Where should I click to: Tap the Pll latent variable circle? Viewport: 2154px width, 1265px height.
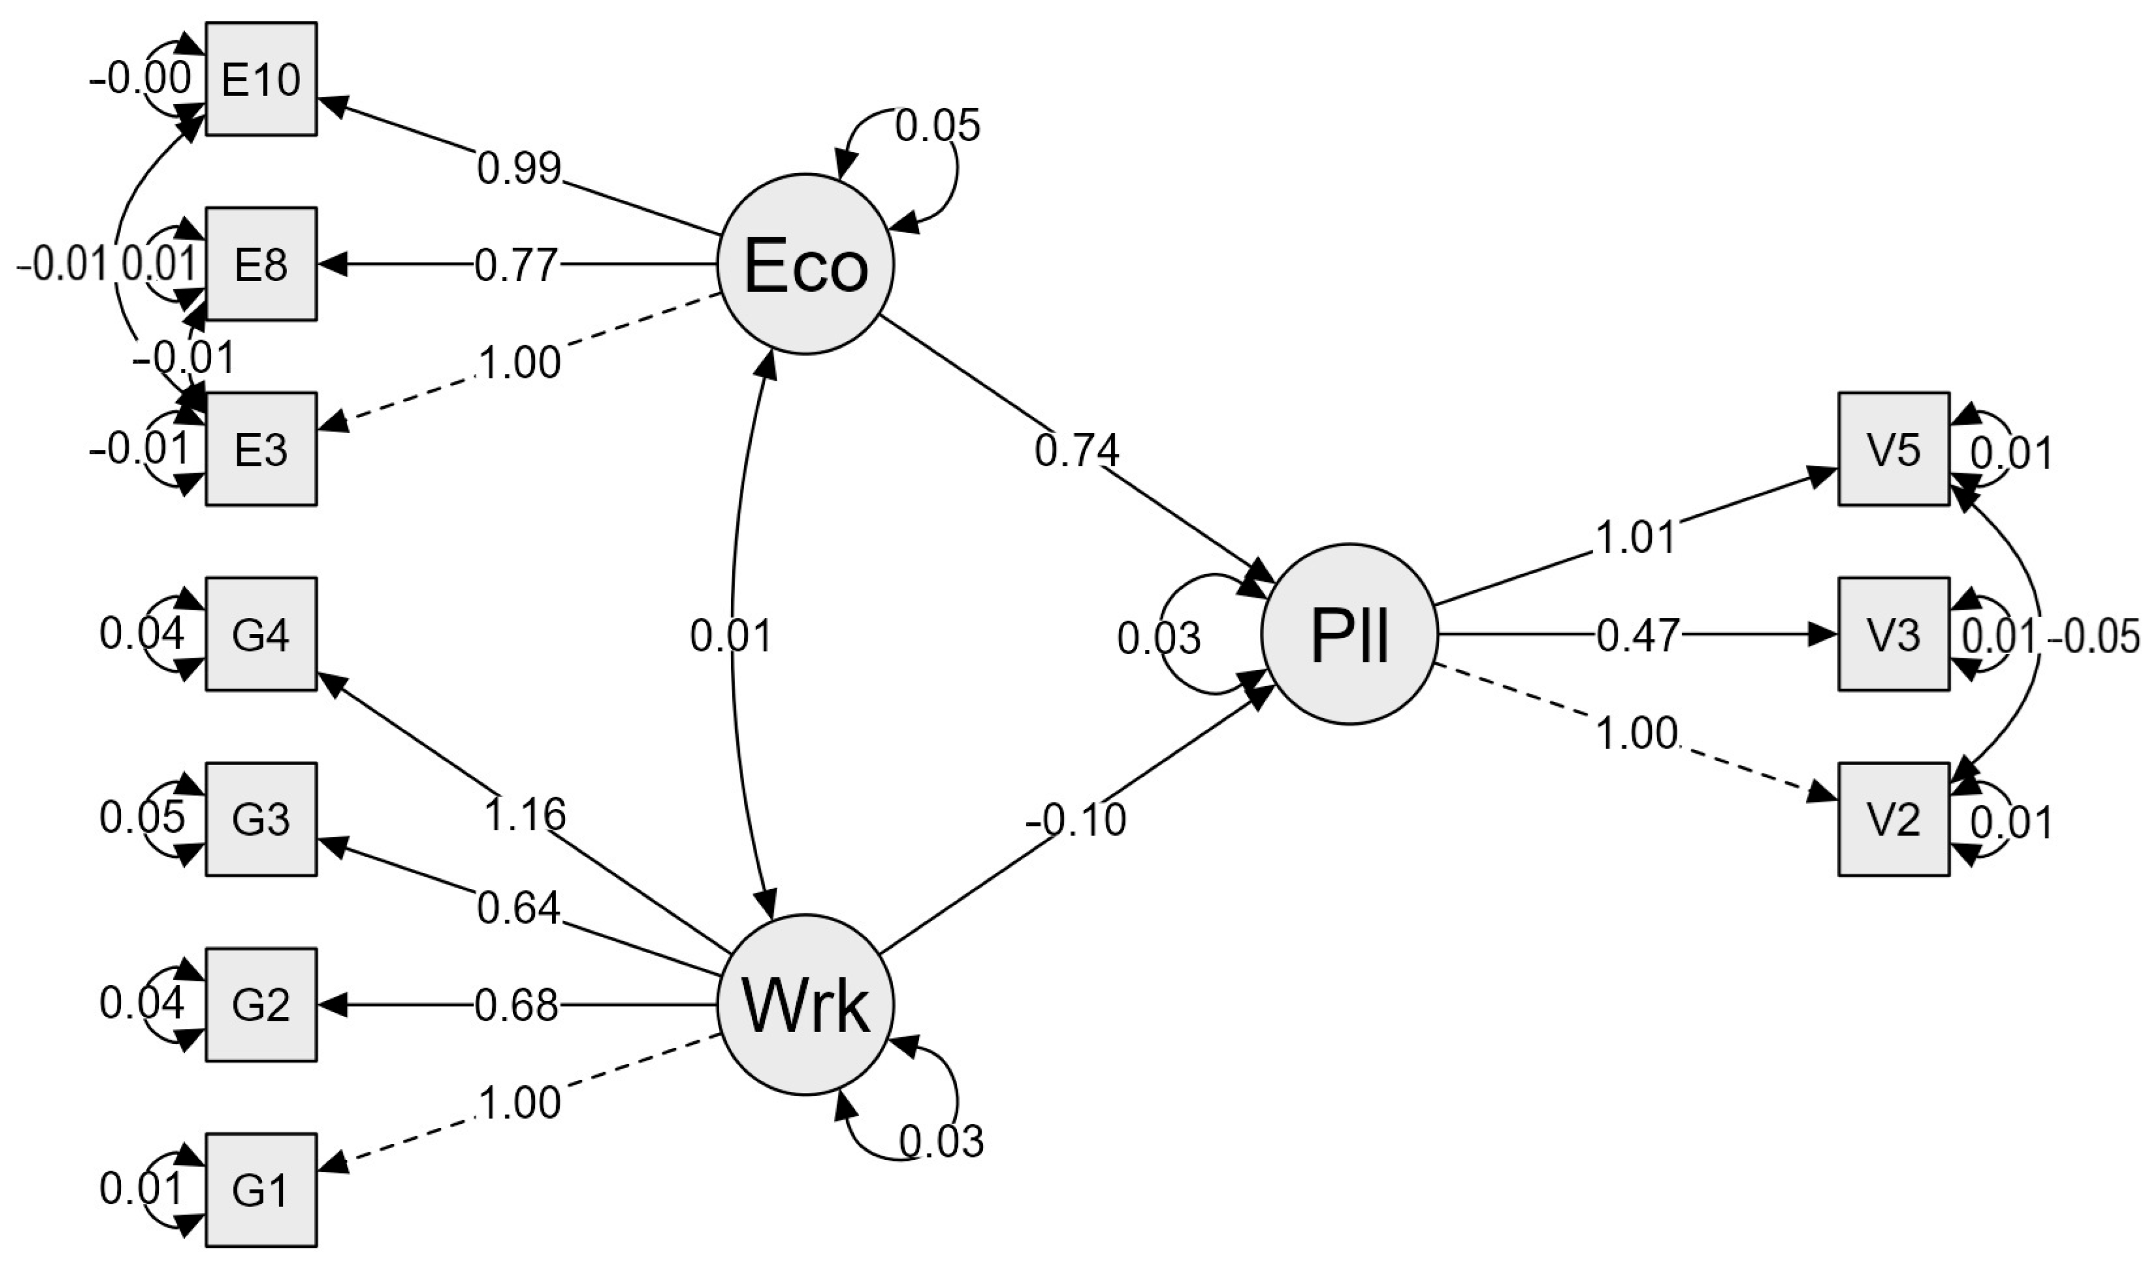(x=1349, y=635)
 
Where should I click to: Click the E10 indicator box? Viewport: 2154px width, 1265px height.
(x=261, y=79)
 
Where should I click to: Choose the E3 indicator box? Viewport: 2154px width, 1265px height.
(x=261, y=450)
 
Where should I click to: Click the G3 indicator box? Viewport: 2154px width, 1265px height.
(x=261, y=819)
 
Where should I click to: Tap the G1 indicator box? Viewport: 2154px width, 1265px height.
(x=261, y=1190)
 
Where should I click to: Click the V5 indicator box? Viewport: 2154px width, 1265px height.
(x=1894, y=450)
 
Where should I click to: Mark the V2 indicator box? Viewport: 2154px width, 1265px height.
(x=1894, y=819)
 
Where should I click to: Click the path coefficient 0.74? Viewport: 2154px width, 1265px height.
(x=1076, y=451)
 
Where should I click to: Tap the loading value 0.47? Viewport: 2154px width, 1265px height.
(x=1637, y=636)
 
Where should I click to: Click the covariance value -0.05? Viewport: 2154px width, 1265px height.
(x=2098, y=637)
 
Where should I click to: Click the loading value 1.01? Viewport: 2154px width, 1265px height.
(x=1635, y=538)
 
